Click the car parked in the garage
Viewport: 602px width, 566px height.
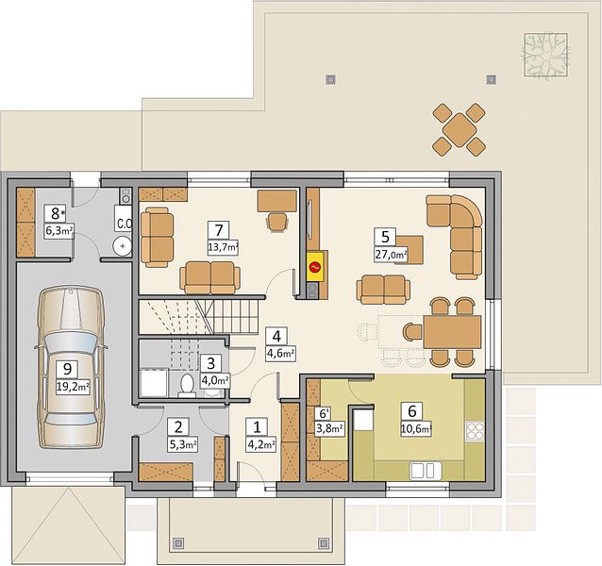[x=71, y=368]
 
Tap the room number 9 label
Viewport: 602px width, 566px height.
[x=67, y=370]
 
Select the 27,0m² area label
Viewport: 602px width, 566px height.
[x=391, y=255]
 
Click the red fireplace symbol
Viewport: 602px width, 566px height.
[x=315, y=266]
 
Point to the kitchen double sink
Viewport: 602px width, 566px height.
[x=426, y=471]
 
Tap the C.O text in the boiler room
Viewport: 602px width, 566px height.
[x=125, y=224]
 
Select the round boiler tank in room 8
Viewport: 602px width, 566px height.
[x=123, y=246]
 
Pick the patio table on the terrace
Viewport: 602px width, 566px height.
[x=459, y=129]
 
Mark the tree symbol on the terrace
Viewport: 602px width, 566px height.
[x=545, y=55]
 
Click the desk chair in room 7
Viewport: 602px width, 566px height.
[x=278, y=223]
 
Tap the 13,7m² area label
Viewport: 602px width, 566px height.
[x=223, y=248]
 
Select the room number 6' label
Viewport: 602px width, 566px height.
[x=325, y=413]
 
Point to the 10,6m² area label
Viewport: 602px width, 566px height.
[x=416, y=429]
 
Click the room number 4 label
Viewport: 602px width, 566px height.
[x=276, y=337]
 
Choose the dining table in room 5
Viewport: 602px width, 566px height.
[x=452, y=332]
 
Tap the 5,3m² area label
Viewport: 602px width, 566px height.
[x=183, y=444]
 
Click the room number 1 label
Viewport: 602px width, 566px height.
[x=257, y=426]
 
